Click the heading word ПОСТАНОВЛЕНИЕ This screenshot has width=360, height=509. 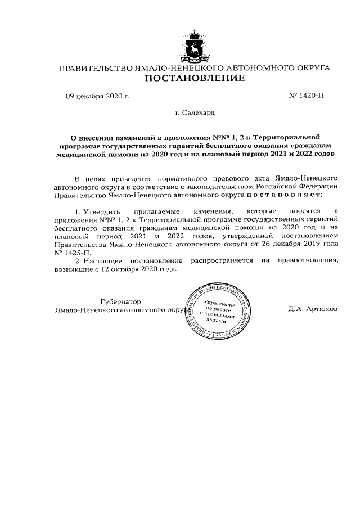(195, 78)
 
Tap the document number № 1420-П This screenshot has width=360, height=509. (306, 95)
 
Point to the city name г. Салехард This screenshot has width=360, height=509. (195, 113)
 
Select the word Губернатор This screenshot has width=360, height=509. (120, 301)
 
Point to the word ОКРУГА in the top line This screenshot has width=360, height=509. (310, 68)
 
